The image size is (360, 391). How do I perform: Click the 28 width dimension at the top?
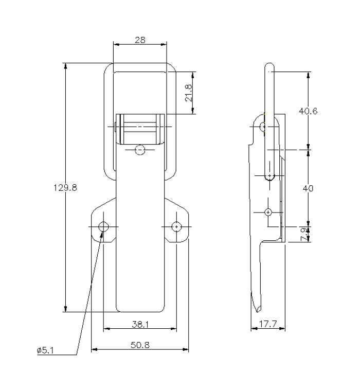(x=140, y=40)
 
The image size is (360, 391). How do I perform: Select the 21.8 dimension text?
(x=188, y=93)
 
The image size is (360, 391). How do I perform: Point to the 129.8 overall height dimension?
(x=65, y=188)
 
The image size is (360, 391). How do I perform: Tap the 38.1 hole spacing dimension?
(x=140, y=325)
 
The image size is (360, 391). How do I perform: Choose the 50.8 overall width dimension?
(x=140, y=345)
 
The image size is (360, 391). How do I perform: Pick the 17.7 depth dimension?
(x=267, y=325)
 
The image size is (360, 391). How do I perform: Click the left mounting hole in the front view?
(x=104, y=226)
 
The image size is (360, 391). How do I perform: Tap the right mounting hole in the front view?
(x=176, y=226)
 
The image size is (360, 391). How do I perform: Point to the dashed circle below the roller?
(x=139, y=150)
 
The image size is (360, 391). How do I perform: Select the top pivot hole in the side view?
(x=263, y=126)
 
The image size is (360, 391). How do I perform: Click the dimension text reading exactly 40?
(x=308, y=189)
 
